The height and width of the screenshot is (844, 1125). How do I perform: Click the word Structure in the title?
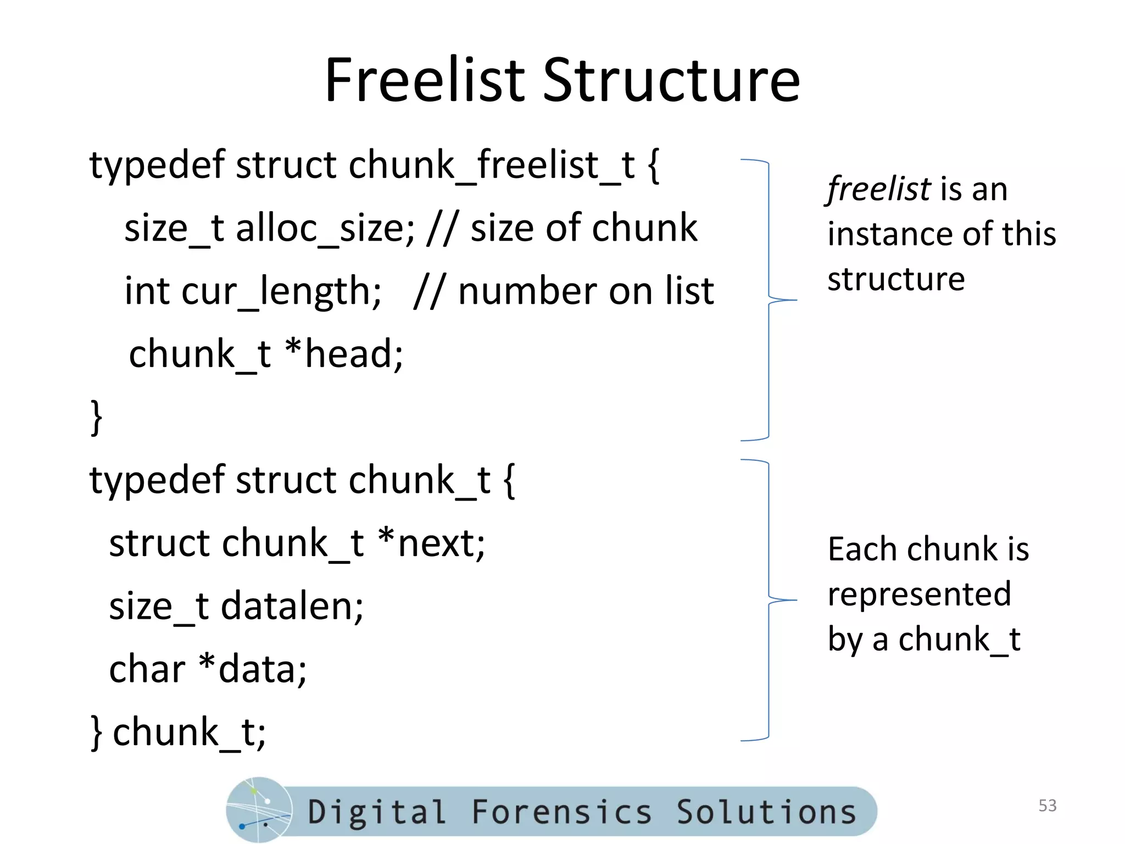[671, 81]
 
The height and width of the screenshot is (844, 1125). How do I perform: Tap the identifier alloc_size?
[325, 228]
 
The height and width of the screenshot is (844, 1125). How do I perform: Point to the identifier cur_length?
[281, 292]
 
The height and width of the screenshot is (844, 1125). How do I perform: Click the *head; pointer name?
[344, 354]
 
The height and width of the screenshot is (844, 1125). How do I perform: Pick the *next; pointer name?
[431, 543]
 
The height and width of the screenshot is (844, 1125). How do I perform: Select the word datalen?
[292, 607]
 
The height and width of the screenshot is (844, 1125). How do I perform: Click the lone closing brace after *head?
[97, 418]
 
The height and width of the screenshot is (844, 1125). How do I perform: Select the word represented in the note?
[919, 595]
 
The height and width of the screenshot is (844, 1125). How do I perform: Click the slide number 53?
[1047, 806]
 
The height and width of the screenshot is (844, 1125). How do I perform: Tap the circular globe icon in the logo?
[259, 810]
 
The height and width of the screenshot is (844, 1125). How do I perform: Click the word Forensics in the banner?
[561, 812]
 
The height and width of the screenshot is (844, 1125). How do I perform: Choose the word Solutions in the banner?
[766, 812]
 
